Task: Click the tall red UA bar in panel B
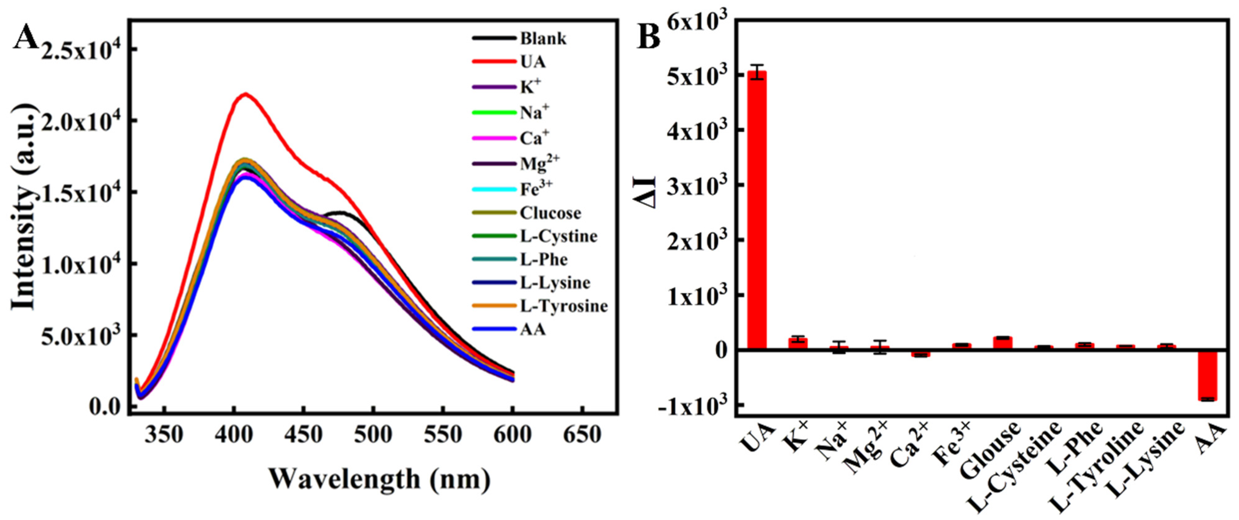[x=757, y=212]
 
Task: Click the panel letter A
[x=25, y=37]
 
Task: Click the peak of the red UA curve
[x=246, y=94]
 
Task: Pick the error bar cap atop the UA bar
[x=757, y=65]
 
